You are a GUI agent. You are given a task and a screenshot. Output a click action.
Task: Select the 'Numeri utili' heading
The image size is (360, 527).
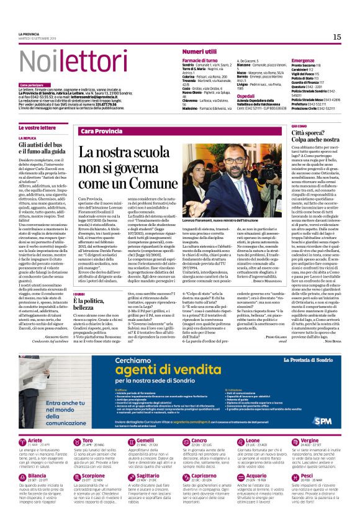coord(199,52)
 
